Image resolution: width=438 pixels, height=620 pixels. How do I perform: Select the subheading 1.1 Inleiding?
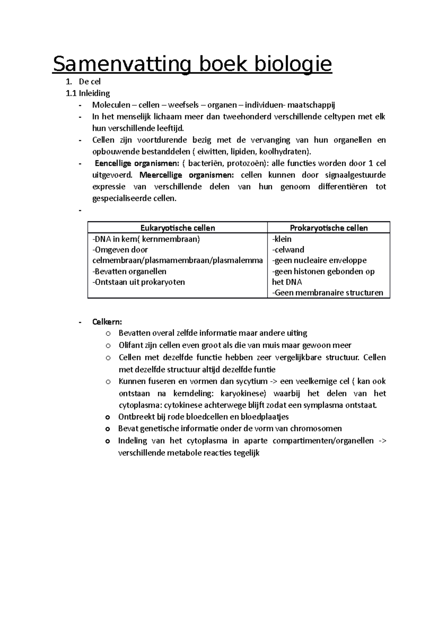coord(88,93)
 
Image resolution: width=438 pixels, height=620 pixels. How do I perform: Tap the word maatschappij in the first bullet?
coord(311,105)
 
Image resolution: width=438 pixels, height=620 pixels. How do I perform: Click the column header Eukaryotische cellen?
coord(178,228)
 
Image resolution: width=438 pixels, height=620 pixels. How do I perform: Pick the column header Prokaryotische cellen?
coord(328,228)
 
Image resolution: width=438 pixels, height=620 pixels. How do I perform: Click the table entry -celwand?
coord(288,250)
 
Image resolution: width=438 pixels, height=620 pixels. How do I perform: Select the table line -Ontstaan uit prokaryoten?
coord(139,282)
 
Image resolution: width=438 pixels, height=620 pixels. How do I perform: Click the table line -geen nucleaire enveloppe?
coord(319,260)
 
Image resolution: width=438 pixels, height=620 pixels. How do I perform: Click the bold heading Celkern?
coord(107,322)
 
